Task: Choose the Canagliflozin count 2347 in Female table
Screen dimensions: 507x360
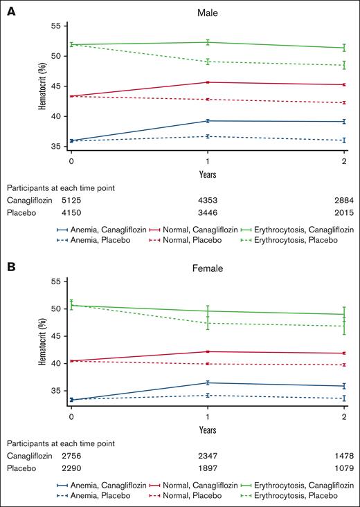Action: [207, 457]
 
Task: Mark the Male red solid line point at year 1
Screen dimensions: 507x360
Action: [208, 82]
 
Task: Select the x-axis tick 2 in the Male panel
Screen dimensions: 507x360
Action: [344, 160]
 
